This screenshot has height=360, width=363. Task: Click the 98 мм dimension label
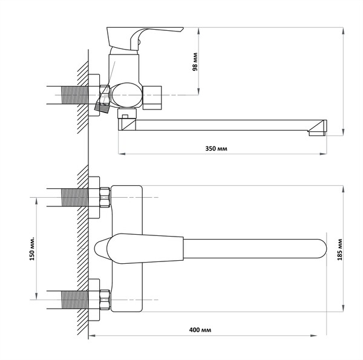[x=195, y=62]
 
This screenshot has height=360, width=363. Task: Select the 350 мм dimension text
[x=216, y=148]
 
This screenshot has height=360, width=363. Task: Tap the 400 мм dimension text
[x=200, y=329]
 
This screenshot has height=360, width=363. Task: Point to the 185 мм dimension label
[x=339, y=249]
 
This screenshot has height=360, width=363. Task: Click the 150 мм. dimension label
[x=32, y=248]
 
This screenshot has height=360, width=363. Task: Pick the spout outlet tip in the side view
[x=317, y=133]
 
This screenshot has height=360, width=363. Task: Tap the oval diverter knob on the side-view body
[x=126, y=95]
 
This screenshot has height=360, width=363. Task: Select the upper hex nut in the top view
[x=105, y=197]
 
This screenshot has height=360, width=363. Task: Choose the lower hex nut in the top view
[x=105, y=299]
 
